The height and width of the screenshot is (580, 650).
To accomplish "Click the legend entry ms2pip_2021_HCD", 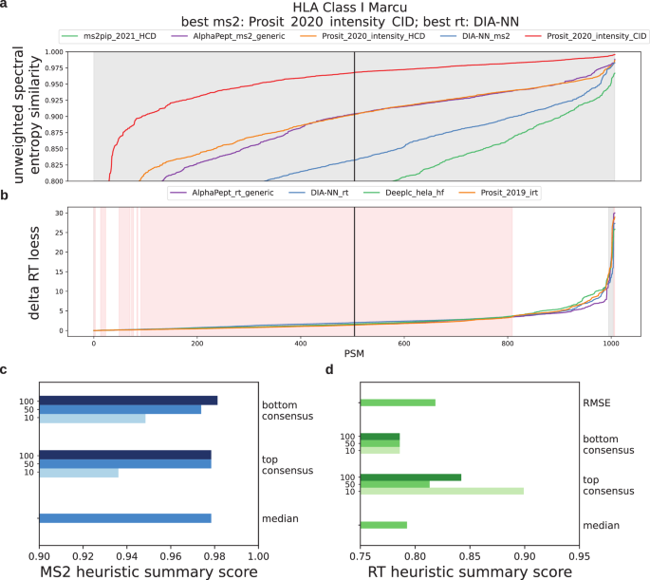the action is [108, 36].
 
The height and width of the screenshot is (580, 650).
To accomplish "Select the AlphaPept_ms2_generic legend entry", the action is [228, 36].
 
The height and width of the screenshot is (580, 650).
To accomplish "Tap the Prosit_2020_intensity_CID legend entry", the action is [585, 36].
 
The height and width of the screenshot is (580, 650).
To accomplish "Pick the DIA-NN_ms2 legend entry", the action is [475, 36].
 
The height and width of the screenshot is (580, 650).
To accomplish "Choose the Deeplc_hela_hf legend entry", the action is [404, 193].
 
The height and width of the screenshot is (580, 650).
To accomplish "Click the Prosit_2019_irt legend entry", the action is [498, 193].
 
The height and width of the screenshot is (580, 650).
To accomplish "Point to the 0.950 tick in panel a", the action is [54, 84].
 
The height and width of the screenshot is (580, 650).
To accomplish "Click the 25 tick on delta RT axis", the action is [59, 233].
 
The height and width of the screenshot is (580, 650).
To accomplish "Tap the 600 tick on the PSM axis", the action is [404, 344].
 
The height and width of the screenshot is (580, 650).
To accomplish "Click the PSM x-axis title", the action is [354, 354].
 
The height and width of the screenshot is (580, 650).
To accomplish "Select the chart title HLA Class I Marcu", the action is [350, 8].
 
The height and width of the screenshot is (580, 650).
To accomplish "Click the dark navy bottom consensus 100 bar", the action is [128, 401].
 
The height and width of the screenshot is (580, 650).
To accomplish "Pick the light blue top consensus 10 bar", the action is [79, 473].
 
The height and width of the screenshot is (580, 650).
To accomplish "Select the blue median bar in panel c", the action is [125, 518].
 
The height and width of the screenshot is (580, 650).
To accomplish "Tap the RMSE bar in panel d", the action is [398, 402].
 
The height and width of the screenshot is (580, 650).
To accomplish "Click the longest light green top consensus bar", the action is [442, 492].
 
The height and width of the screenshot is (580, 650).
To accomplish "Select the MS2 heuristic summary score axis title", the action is [149, 571].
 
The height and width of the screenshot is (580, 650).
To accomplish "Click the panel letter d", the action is [329, 369].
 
